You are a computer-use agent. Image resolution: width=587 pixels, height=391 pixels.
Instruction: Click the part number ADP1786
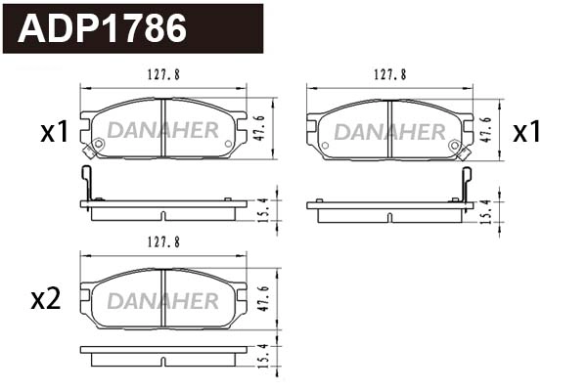pyautogui.click(x=104, y=29)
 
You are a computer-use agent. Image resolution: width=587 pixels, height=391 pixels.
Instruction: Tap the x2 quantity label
pyautogui.click(x=46, y=299)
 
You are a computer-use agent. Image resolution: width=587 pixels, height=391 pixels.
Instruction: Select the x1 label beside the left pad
pyautogui.click(x=54, y=132)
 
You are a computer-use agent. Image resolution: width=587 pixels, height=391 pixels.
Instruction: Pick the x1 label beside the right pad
pyautogui.click(x=527, y=132)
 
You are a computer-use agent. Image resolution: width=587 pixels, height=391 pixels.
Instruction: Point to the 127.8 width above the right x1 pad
pyautogui.click(x=390, y=73)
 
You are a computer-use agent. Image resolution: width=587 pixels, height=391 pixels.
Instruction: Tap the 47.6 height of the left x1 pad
pyautogui.click(x=263, y=128)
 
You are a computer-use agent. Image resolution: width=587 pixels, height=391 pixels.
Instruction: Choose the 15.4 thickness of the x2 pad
pyautogui.click(x=263, y=358)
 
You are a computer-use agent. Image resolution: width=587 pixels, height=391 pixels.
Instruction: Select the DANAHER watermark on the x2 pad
pyautogui.click(x=163, y=299)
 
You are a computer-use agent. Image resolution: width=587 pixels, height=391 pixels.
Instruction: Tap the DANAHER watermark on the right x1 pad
pyautogui.click(x=390, y=131)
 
